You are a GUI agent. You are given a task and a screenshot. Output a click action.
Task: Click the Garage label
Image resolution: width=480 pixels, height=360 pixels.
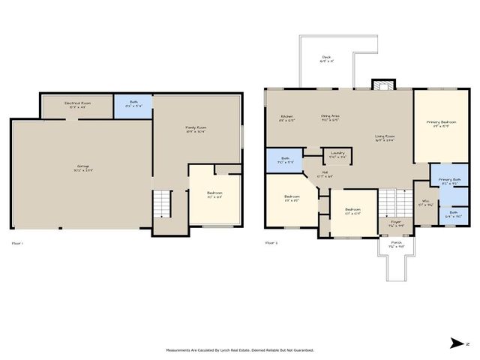coord(82,167)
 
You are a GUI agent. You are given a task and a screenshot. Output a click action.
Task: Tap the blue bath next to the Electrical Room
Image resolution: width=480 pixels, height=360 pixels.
coord(133,106)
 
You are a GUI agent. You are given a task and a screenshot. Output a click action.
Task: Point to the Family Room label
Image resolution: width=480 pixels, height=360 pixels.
coord(196,129)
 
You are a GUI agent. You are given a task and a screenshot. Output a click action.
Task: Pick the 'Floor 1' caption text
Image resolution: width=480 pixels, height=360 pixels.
coord(18,243)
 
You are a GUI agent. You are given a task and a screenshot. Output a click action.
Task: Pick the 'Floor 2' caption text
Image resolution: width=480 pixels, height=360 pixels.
coord(271,243)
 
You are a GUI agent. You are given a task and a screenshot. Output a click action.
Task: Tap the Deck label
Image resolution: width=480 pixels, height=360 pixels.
coord(326,58)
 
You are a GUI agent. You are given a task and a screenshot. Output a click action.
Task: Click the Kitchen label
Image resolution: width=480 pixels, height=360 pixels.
coord(286,117)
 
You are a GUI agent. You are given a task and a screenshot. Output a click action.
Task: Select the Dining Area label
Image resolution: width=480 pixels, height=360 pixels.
coord(330,117)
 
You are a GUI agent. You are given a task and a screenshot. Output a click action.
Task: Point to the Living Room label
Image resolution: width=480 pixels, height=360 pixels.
coord(385,137)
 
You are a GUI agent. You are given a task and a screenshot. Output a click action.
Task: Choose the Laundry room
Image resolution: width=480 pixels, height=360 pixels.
coord(337,155)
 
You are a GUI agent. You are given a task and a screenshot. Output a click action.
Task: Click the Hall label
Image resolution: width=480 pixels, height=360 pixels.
coord(326,175)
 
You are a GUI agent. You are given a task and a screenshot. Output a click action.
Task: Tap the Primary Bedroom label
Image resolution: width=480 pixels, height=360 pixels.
coord(442,122)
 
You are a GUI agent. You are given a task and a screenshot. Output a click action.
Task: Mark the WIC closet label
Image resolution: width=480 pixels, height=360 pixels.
coord(425,202)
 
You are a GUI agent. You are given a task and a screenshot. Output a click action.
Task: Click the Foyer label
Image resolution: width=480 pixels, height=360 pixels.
coord(395,223)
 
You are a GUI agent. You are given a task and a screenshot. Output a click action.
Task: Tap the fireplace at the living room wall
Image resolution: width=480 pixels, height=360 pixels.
coord(382,84)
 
